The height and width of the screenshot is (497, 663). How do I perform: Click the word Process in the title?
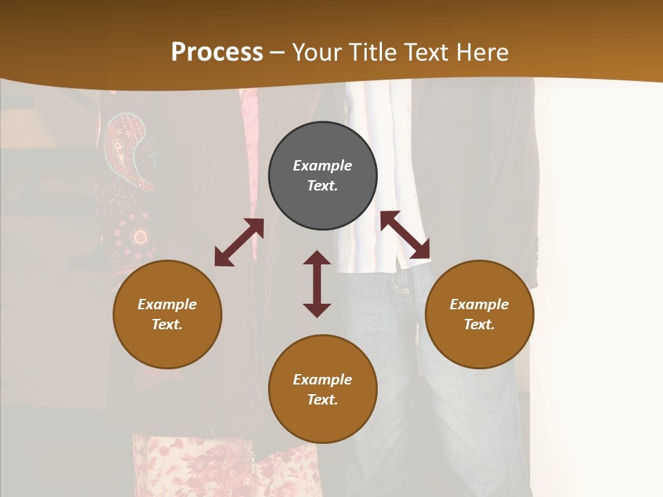coord(217,52)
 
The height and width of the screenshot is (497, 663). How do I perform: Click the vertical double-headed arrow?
coord(317,284)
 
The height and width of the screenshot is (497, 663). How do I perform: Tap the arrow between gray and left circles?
coord(239,242)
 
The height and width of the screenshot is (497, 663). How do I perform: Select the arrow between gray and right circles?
coord(405,235)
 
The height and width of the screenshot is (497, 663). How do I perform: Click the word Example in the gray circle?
coord(323,166)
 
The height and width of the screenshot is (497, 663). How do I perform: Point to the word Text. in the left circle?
coord(167,324)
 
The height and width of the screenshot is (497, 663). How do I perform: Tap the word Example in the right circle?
coord(479,304)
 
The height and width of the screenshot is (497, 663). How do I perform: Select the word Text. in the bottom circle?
coord(323,400)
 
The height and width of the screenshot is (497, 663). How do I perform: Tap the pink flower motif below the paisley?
coord(141,237)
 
